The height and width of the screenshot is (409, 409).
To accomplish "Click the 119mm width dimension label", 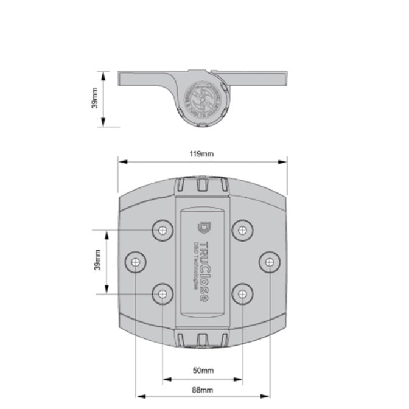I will click(202, 153).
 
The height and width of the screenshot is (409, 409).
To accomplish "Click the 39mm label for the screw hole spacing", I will click(97, 260).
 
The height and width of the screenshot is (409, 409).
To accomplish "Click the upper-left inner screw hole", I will click(163, 230).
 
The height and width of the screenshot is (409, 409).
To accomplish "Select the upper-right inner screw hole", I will click(242, 230).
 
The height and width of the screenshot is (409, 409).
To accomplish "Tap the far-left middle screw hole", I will click(136, 262).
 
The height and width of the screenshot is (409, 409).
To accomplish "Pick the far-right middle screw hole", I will click(269, 262).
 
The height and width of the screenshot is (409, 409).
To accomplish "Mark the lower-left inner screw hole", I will click(163, 295).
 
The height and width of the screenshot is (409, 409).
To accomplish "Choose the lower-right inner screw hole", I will click(242, 295).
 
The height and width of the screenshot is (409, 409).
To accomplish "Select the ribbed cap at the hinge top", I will click(202, 185).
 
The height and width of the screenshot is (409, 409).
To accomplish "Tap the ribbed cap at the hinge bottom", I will click(202, 339).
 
